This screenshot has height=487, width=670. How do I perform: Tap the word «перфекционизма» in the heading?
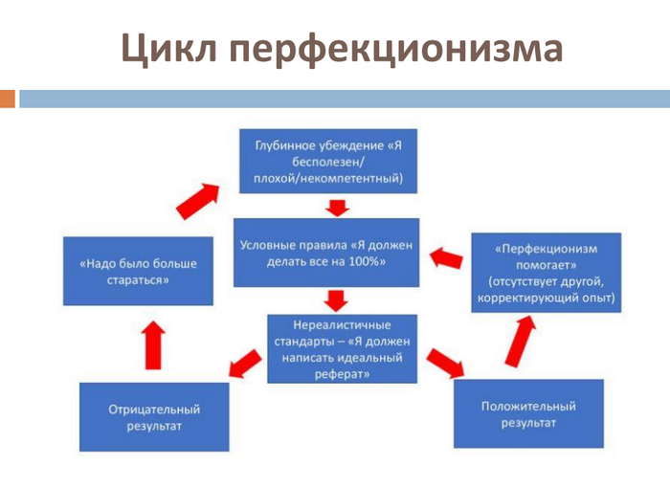[396, 49]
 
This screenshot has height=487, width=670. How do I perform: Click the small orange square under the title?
[8, 99]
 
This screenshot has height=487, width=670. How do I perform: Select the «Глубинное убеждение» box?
[328, 162]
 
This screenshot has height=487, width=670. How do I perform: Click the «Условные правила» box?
[326, 253]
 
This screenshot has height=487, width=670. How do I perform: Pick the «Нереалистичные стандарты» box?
[342, 349]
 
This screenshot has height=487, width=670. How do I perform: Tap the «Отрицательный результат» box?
[154, 417]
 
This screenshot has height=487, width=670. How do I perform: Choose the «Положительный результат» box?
[528, 413]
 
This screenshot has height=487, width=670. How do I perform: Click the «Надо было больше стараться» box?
[138, 272]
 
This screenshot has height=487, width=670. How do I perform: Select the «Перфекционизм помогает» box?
[547, 273]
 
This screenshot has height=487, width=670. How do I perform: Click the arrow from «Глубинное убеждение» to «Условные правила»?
[337, 208]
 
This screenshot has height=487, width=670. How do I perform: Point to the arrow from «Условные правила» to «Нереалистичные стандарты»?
[336, 300]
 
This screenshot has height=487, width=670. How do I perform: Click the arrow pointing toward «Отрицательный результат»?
[245, 364]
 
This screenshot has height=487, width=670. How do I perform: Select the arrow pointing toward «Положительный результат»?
[445, 364]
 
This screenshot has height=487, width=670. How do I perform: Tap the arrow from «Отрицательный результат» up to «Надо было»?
[153, 345]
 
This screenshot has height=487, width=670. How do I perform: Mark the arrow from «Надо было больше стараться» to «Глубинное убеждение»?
[198, 201]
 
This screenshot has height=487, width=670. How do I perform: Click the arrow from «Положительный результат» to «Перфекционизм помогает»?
[520, 342]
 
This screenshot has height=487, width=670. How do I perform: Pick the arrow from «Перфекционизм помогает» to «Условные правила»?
[446, 258]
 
